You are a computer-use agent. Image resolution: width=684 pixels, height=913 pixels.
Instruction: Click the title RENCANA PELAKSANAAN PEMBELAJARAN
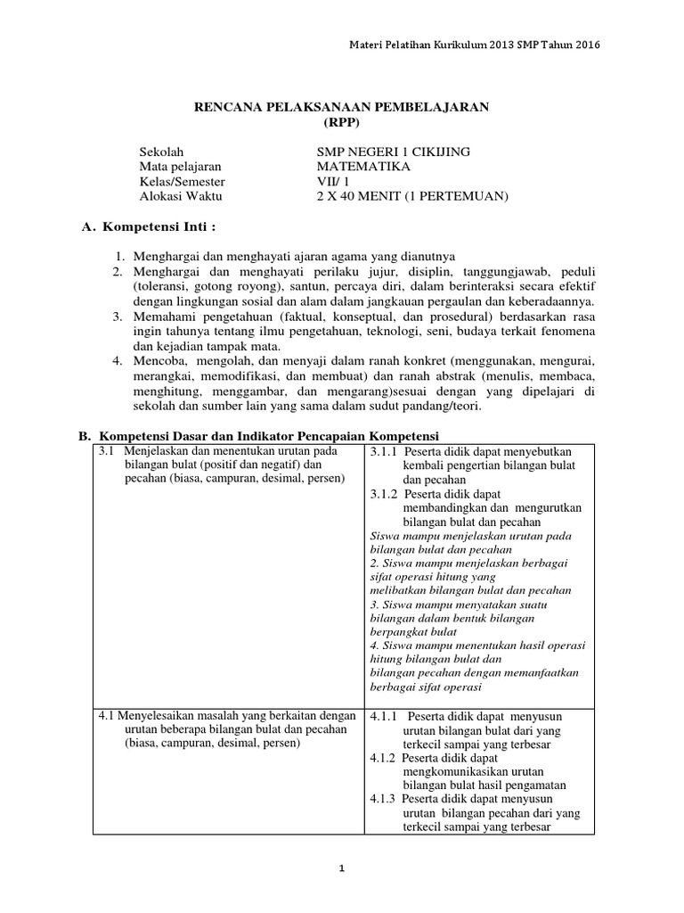coord(342,107)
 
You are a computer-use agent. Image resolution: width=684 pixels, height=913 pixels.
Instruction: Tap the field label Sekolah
coord(161,152)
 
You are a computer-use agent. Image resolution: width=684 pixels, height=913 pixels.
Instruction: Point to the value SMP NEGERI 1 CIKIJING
coord(381,152)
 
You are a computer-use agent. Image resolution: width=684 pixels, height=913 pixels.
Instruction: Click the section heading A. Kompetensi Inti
coord(148,226)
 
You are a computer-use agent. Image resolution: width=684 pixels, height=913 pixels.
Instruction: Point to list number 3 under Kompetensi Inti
coord(118,317)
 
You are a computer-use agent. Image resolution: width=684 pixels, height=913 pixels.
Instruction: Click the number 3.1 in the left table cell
coord(107,452)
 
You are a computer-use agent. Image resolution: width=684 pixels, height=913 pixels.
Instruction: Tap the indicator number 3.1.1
coord(383,452)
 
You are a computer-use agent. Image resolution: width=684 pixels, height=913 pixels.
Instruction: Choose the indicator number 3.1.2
coord(383,494)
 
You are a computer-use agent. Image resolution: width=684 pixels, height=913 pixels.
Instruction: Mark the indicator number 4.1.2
coord(383,758)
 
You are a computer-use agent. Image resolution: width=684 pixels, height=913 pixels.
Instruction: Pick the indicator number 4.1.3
coord(383,799)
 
